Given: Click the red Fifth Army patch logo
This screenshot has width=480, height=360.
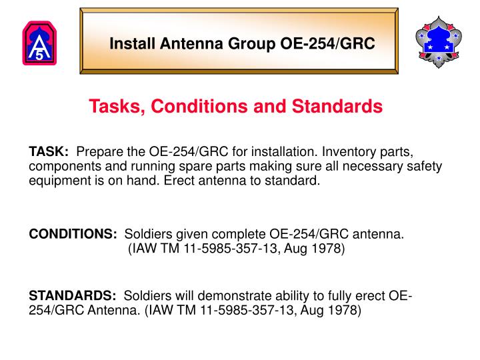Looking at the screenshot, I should coord(39,44).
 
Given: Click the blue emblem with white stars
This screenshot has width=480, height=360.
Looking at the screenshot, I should coord(438,41).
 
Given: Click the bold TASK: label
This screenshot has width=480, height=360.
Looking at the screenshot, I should coord(49,152).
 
